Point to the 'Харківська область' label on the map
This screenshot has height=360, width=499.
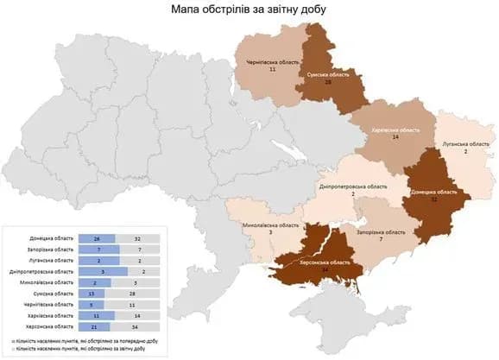(395, 129)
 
